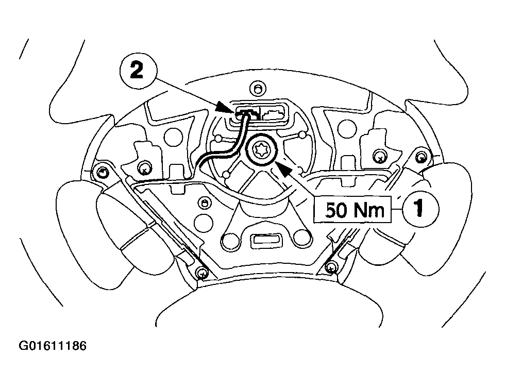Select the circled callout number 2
click(x=137, y=70)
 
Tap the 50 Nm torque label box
click(x=356, y=209)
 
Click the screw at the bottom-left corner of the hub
click(x=201, y=271)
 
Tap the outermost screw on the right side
click(x=422, y=157)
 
